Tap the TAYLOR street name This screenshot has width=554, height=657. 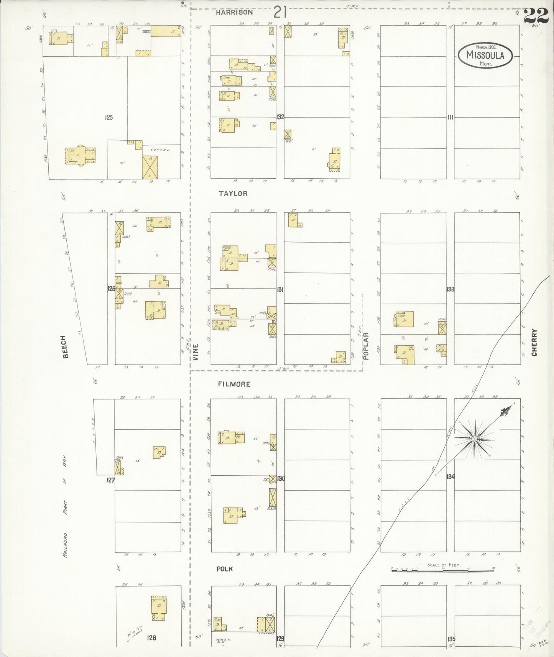point(233,194)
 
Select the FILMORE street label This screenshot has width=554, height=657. point(234,384)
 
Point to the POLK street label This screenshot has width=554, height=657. point(225,569)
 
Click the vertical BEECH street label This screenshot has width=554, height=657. point(65,347)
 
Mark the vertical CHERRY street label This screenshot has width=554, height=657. point(534,342)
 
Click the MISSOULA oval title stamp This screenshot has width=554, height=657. point(485,55)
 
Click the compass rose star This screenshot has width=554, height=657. point(475,439)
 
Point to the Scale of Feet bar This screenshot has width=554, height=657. point(443,571)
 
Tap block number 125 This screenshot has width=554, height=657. point(109,118)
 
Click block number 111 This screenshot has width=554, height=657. point(450,117)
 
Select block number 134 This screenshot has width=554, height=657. point(450,476)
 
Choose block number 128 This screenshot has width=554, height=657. point(151,638)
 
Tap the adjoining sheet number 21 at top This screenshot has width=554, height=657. point(280,13)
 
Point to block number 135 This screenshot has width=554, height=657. point(451,639)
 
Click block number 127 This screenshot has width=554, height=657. point(110,480)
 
